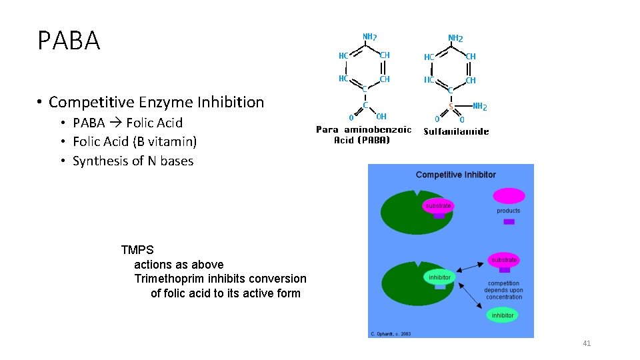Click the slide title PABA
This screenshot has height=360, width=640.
click(x=69, y=41)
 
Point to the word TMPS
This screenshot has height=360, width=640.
click(x=137, y=250)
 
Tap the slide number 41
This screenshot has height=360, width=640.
click(x=587, y=343)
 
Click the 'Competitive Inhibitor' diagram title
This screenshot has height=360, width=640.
click(x=455, y=175)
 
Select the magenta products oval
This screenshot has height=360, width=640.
click(x=509, y=196)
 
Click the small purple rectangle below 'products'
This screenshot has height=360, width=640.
click(x=509, y=221)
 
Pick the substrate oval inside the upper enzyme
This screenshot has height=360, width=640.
click(x=438, y=206)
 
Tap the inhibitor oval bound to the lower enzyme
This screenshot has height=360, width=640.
click(x=439, y=277)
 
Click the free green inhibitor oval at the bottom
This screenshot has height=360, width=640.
click(x=503, y=315)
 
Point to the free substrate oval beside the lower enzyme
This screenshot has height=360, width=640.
click(x=504, y=259)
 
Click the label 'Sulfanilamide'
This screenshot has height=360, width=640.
click(x=456, y=131)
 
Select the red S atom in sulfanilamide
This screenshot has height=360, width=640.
click(x=451, y=106)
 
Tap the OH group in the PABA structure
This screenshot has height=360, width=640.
click(x=381, y=117)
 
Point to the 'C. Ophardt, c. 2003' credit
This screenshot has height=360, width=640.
click(x=391, y=334)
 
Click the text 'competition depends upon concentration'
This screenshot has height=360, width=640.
click(x=503, y=290)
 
